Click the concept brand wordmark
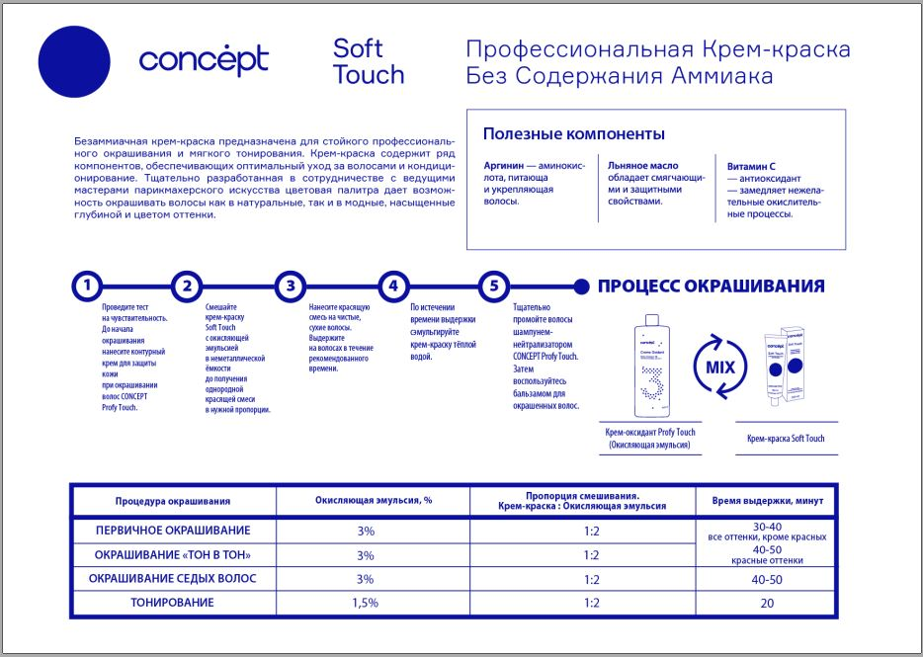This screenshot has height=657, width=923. (203, 61)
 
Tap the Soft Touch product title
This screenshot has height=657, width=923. (369, 61)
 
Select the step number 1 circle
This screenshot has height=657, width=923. (87, 287)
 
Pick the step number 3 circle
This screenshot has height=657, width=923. (290, 287)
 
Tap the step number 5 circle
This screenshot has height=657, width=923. (494, 287)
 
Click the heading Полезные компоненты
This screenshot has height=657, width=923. (573, 134)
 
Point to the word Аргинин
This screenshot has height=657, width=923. (503, 165)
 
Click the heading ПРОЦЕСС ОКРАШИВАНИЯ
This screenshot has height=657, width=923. (711, 287)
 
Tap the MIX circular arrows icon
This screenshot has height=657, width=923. (720, 367)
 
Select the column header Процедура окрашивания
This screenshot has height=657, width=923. (173, 501)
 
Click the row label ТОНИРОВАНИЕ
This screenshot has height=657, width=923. (173, 602)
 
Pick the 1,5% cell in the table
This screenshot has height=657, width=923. (366, 602)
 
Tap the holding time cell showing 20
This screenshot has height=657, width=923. (767, 602)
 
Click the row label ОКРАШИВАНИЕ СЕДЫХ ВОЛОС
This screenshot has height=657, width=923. (173, 579)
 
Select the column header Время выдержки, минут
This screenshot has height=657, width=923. (767, 501)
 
